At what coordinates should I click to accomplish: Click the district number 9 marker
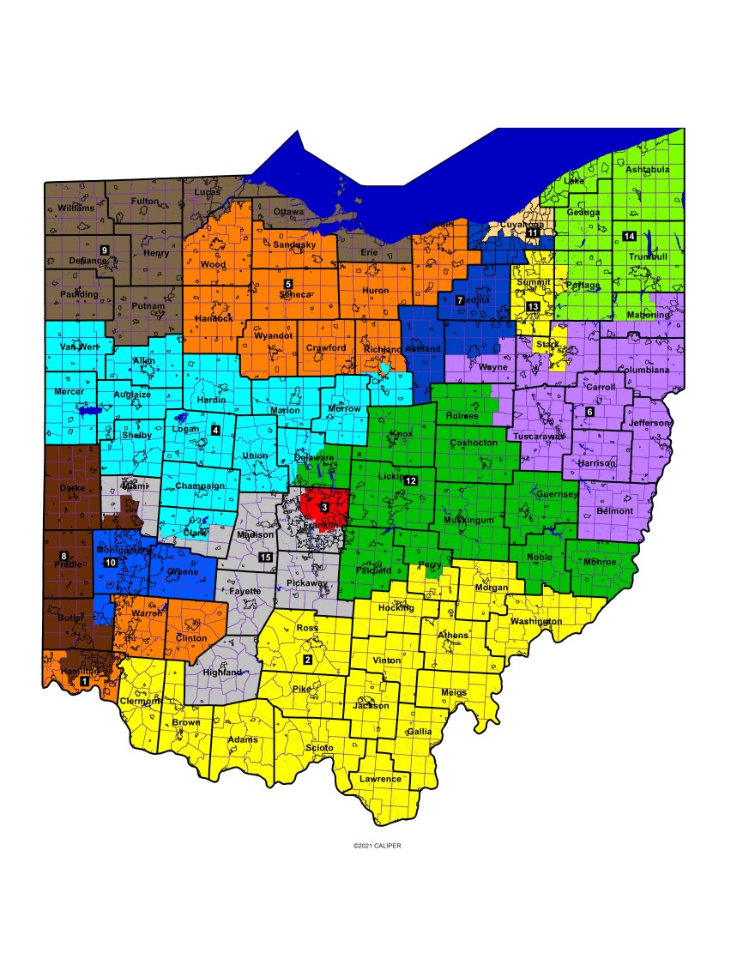[x=105, y=250]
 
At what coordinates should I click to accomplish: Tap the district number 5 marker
[x=288, y=283]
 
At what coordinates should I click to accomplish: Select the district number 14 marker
[x=629, y=236]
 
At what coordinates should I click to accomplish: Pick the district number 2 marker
[x=308, y=660]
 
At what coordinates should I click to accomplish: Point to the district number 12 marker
[x=411, y=480]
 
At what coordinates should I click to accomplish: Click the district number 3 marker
[x=324, y=507]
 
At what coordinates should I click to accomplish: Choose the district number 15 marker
[x=266, y=558]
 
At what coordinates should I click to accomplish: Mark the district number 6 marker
[x=589, y=412]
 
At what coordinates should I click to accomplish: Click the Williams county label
[x=76, y=208]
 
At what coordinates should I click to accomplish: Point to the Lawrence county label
[x=380, y=779]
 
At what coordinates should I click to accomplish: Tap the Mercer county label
[x=69, y=392]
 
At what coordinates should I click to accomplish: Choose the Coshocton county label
[x=473, y=443]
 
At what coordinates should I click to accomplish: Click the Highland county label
[x=222, y=672]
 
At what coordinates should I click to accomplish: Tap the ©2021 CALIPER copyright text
[x=377, y=846]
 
